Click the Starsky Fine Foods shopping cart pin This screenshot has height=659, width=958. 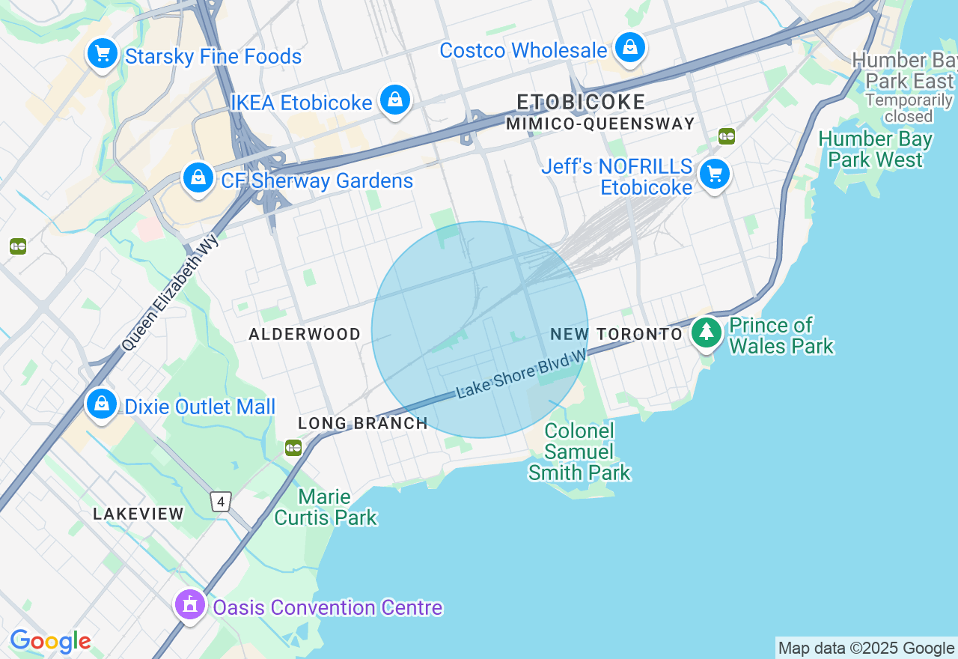coord(103,54)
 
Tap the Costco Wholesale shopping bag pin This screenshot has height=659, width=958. coord(630,47)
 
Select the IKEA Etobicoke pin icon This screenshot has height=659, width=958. coord(394,100)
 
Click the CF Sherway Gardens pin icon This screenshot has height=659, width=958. coord(198,177)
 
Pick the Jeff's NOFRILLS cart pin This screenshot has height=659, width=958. coord(714,174)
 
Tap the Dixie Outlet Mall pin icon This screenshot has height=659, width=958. coord(102,404)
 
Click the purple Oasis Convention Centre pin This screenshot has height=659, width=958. coord(190,604)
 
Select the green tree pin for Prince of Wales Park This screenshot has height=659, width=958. coord(706,332)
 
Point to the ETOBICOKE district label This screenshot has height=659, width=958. coord(581,102)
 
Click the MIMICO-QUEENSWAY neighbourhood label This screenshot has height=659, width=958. coord(600,124)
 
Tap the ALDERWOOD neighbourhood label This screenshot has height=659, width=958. coord(305,334)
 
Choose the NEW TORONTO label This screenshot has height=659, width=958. coord(616,334)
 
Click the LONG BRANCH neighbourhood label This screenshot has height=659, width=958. coord(363,423)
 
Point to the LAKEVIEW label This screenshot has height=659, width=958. coord(138,514)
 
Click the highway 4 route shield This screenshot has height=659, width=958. coord(220,501)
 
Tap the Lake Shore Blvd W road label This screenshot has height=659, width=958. coord(522,376)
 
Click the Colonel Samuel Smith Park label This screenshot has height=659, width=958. coord(579,452)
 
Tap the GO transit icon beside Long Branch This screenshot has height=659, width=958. coord(293,448)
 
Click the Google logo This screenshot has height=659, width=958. coord(50,642)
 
